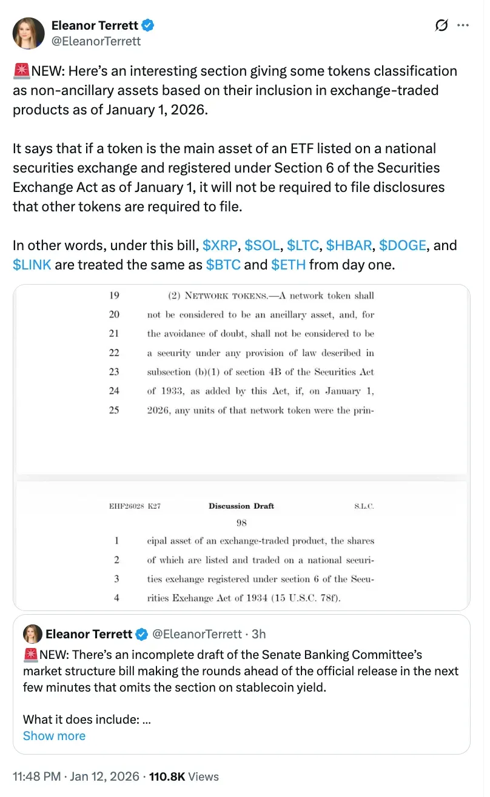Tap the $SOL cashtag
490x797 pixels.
pos(263,245)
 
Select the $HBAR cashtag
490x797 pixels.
pos(350,245)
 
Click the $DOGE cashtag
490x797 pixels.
pos(403,245)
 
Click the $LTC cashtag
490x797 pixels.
pos(304,245)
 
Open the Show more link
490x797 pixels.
pos(54,736)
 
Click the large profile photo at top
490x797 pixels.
pos(29,33)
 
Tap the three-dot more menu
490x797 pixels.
pos(463,25)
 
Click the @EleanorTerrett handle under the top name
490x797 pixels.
pos(96,41)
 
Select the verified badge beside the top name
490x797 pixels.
pos(148,25)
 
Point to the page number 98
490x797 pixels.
pos(242,521)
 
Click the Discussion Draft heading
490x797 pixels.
pos(241,506)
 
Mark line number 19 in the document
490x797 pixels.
pos(114,296)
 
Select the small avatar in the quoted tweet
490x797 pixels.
pos(33,634)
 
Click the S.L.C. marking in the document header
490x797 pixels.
pos(363,506)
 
